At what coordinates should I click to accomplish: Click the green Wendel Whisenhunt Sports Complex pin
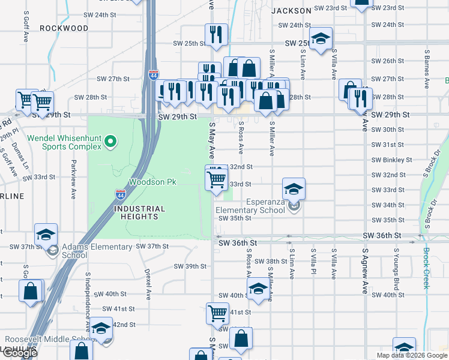pyautogui.click(x=109, y=142)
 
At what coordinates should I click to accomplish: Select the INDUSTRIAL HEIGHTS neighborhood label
pyautogui.click(x=139, y=213)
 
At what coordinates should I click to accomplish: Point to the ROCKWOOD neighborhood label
pyautogui.click(x=64, y=28)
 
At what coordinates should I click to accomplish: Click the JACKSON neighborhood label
pyautogui.click(x=291, y=11)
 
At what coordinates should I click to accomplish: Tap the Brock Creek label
pyautogui.click(x=426, y=268)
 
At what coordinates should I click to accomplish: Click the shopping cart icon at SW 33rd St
pyautogui.click(x=216, y=178)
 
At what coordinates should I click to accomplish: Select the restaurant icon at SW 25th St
pyautogui.click(x=215, y=34)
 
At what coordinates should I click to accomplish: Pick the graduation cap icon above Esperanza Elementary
pyautogui.click(x=294, y=189)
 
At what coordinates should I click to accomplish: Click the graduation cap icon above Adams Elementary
pyautogui.click(x=46, y=235)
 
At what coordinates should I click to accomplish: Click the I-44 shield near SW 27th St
pyautogui.click(x=154, y=75)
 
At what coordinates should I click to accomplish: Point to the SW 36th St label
pyautogui.click(x=238, y=242)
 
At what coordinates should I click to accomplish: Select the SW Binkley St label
pyautogui.click(x=391, y=160)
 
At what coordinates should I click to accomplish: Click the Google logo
pyautogui.click(x=20, y=352)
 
